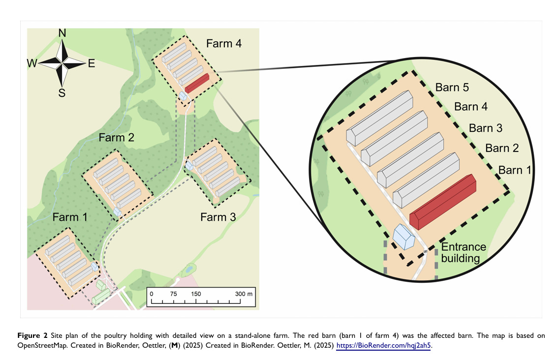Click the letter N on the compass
(62, 33)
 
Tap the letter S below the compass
(62, 92)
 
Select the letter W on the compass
(32, 63)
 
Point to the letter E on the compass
(92, 63)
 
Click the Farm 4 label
(223, 43)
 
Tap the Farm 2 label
(116, 137)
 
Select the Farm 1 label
(70, 217)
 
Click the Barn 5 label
(452, 88)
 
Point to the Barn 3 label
(485, 128)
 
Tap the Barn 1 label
(515, 170)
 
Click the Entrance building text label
(463, 252)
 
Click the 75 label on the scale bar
(173, 294)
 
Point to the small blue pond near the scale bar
(187, 269)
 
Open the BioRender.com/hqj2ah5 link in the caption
(383, 345)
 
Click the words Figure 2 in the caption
(32, 336)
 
